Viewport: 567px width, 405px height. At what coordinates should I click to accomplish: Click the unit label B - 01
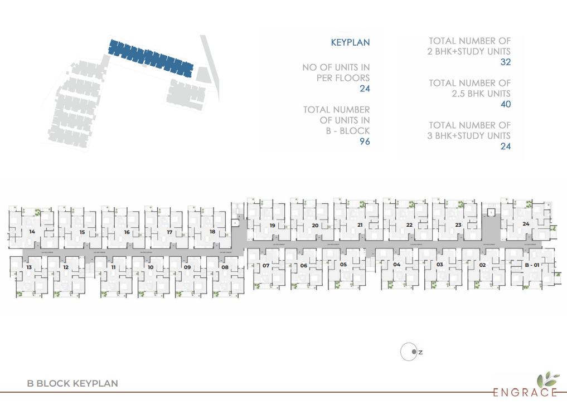tap(532, 265)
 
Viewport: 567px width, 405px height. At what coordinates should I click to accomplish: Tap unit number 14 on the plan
tap(32, 231)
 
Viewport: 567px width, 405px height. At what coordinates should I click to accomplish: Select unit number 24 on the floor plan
tap(526, 224)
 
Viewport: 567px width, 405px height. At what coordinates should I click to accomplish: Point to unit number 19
tap(272, 226)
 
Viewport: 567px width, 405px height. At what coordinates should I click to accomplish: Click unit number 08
tap(225, 267)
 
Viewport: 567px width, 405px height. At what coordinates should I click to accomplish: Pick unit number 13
tap(28, 267)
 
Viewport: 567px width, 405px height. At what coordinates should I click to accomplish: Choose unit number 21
tap(360, 225)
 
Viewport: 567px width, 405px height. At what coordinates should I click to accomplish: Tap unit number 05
tap(343, 265)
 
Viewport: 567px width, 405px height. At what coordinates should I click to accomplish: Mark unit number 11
tap(113, 267)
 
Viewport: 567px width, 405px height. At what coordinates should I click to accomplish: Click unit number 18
tap(212, 231)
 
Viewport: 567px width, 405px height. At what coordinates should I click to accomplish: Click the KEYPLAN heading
tap(350, 42)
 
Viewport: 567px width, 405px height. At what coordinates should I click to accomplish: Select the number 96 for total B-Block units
tap(364, 141)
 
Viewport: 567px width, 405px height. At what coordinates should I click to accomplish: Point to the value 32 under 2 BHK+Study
tap(505, 62)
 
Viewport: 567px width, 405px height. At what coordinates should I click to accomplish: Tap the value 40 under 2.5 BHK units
tap(505, 104)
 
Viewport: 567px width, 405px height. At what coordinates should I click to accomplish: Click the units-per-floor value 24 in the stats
tap(365, 89)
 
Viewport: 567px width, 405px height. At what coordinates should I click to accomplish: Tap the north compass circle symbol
tap(409, 352)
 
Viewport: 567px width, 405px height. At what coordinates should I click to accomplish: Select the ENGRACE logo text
tap(525, 392)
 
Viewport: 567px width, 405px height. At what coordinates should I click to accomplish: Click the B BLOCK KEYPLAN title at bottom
tap(72, 383)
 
